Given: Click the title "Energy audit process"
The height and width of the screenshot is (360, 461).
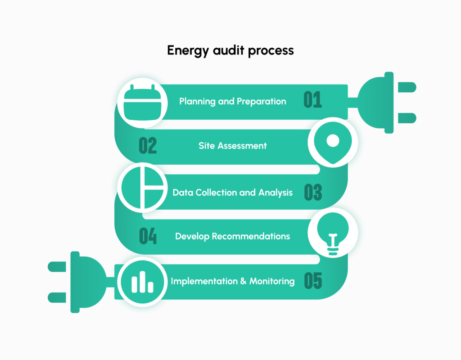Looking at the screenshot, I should click(230, 50).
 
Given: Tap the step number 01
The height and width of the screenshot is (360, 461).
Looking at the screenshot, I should click(313, 100).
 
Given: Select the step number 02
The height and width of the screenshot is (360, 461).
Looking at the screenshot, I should click(148, 146).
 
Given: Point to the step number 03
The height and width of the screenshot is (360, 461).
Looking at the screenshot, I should click(313, 192).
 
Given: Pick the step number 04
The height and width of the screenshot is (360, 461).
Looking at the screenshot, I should click(148, 236).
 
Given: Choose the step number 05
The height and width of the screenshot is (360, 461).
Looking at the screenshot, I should click(313, 281).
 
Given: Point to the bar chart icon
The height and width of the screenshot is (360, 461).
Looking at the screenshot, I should click(142, 282).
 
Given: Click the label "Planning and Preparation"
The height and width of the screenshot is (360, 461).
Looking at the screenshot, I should click(232, 101).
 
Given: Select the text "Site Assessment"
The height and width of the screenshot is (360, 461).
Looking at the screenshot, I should click(232, 146).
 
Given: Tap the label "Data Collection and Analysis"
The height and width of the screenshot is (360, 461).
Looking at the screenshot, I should click(232, 193).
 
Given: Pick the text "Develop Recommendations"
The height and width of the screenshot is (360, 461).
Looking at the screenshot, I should click(232, 236).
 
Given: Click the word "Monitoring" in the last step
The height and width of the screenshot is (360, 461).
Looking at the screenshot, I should click(272, 281).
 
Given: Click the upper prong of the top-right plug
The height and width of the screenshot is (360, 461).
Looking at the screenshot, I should click(407, 87).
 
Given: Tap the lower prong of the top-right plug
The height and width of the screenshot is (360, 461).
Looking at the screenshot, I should click(407, 118).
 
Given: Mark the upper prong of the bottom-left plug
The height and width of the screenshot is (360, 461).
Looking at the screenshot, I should click(57, 266).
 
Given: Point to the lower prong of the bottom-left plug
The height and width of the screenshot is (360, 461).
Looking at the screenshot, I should click(57, 297).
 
